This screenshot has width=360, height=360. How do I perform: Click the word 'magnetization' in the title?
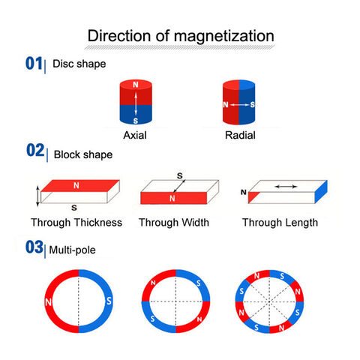click(x=224, y=37)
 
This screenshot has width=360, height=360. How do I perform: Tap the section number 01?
click(x=34, y=63)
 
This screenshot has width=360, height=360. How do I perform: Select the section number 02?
click(x=35, y=150)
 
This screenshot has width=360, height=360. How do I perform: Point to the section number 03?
click(x=34, y=247)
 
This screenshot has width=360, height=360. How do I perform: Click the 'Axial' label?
click(x=135, y=135)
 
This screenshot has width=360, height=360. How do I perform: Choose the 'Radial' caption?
click(x=240, y=135)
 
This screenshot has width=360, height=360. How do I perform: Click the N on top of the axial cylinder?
click(x=136, y=85)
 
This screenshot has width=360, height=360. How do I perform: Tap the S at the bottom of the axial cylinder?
click(x=136, y=121)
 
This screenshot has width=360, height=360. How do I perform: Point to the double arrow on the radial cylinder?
click(x=239, y=105)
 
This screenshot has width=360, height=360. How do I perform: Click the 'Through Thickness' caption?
click(x=76, y=223)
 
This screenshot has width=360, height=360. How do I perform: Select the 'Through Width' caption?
click(x=174, y=223)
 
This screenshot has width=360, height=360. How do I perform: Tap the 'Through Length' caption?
click(x=280, y=223)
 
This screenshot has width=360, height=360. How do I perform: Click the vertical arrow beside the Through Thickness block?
click(x=37, y=196)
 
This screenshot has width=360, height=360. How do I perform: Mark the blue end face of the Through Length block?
click(x=321, y=191)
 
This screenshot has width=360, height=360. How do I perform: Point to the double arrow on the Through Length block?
click(x=286, y=186)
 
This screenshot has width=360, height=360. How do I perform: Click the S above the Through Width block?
click(x=180, y=175)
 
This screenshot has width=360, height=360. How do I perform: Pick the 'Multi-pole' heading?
click(x=73, y=250)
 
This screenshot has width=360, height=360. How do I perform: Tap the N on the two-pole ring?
click(x=48, y=302)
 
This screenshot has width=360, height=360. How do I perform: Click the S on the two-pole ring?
click(x=109, y=301)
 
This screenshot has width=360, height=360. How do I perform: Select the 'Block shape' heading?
click(x=83, y=154)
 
